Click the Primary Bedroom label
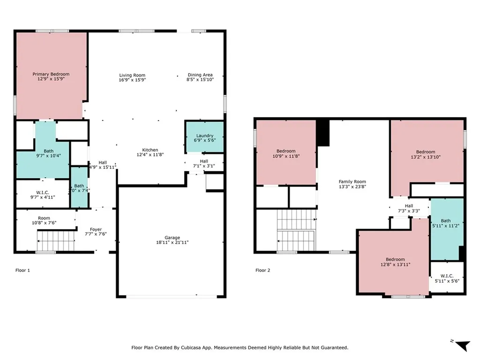tap(51, 74)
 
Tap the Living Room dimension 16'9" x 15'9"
tap(132, 80)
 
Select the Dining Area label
tap(200, 75)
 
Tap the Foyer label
tap(96, 229)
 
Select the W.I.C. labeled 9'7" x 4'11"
tap(43, 195)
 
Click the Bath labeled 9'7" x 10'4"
tap(48, 153)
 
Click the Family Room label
tap(352, 182)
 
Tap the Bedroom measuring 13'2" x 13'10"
tap(426, 154)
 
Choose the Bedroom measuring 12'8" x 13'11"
tap(395, 262)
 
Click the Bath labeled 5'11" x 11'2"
tap(446, 223)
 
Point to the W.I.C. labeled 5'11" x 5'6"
tap(447, 278)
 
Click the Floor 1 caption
tap(23, 270)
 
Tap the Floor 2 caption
tap(263, 270)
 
